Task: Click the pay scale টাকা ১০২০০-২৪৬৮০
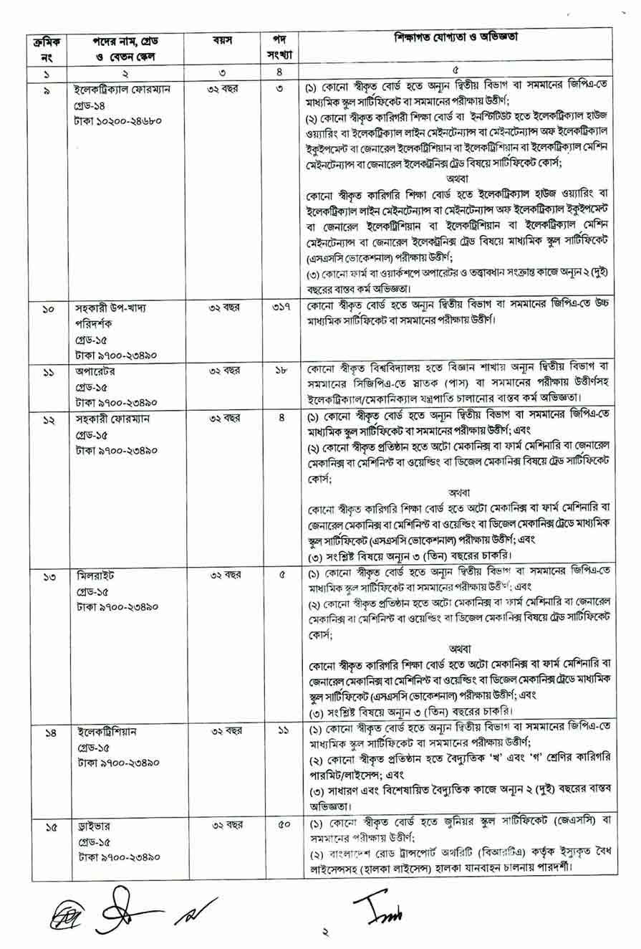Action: tap(118, 120)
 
